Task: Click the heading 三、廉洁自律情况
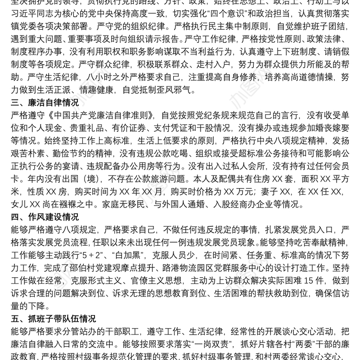[x=43, y=103]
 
